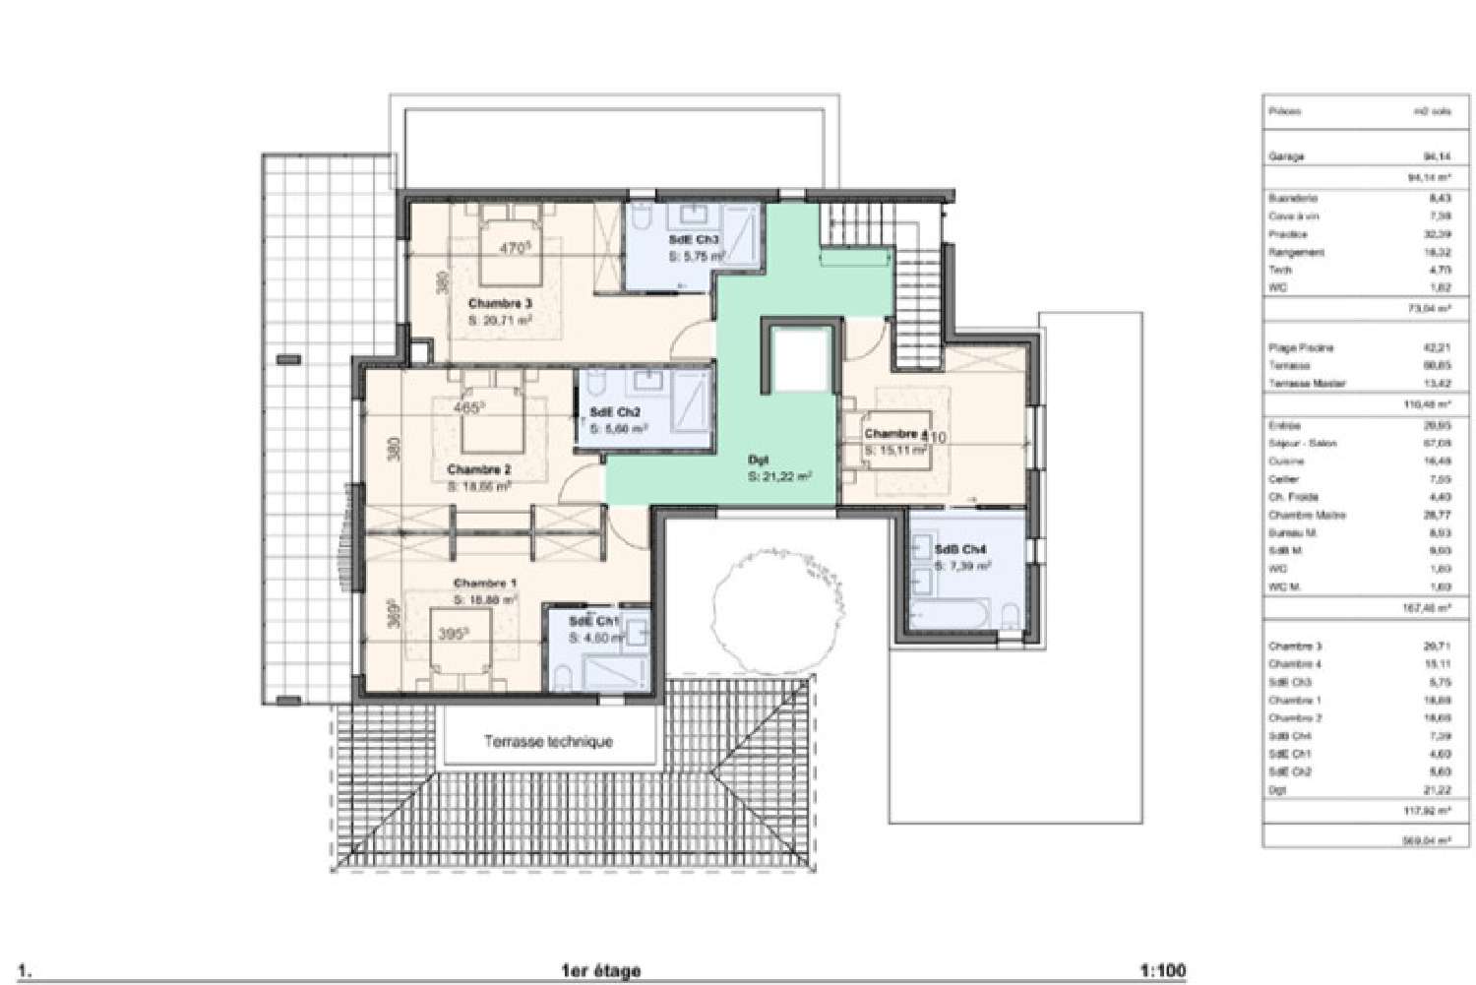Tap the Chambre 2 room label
478,469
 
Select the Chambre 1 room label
485,584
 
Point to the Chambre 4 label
894,434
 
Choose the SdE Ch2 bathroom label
615,413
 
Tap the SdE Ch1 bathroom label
594,621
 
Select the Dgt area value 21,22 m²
779,476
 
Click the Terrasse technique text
548,742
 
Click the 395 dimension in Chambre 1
452,635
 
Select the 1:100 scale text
1164,971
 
